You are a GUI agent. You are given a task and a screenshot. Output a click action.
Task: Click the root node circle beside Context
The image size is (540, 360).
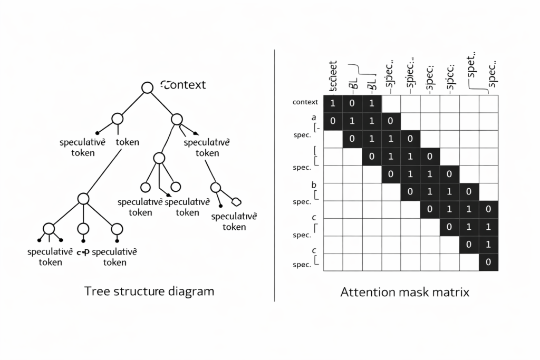(148, 87)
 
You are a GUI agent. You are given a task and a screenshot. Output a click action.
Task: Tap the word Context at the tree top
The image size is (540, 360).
(183, 85)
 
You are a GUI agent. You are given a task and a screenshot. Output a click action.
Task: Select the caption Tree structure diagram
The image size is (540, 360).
(149, 291)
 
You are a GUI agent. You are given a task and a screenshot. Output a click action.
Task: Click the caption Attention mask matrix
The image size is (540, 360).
(404, 291)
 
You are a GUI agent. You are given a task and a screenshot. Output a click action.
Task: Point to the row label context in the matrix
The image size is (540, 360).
(305, 102)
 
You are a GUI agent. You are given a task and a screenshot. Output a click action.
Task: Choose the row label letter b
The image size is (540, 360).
(314, 185)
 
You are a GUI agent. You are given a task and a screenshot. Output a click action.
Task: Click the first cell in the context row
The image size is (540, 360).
(333, 103)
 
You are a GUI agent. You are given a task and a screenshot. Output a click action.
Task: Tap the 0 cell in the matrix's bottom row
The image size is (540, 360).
(488, 262)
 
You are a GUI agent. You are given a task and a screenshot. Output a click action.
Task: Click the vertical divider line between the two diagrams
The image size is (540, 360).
(275, 174)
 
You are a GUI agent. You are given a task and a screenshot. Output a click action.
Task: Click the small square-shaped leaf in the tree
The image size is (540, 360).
(236, 201)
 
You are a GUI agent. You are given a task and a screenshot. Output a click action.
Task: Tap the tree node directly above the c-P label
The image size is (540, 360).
(83, 229)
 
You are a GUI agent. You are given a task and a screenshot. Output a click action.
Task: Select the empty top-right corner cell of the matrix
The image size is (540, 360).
(488, 103)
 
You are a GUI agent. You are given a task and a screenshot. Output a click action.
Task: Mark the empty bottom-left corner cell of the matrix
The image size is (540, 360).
(333, 262)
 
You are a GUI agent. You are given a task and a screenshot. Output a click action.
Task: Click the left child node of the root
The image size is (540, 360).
(117, 119)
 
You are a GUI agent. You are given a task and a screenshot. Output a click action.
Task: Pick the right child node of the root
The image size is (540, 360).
(177, 119)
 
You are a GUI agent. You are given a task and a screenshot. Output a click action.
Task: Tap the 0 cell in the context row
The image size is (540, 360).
(352, 103)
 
